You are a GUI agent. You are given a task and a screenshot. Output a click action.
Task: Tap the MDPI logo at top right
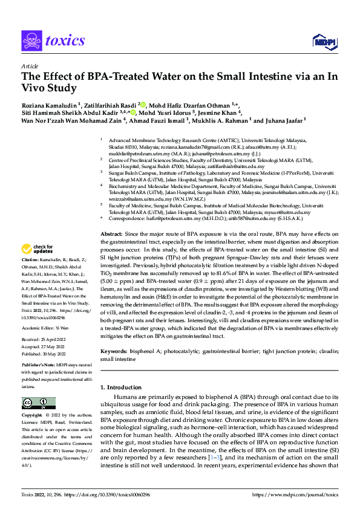pyautogui.click(x=323, y=41)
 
